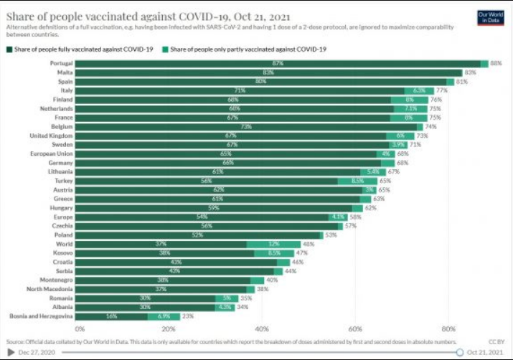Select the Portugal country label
61,63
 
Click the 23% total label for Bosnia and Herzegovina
188,316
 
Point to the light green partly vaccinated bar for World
273,244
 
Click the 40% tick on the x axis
262,328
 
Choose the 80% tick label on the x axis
448,328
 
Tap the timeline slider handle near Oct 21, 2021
460,352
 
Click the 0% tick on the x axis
75,328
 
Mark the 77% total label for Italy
441,90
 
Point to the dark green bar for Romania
145,298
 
